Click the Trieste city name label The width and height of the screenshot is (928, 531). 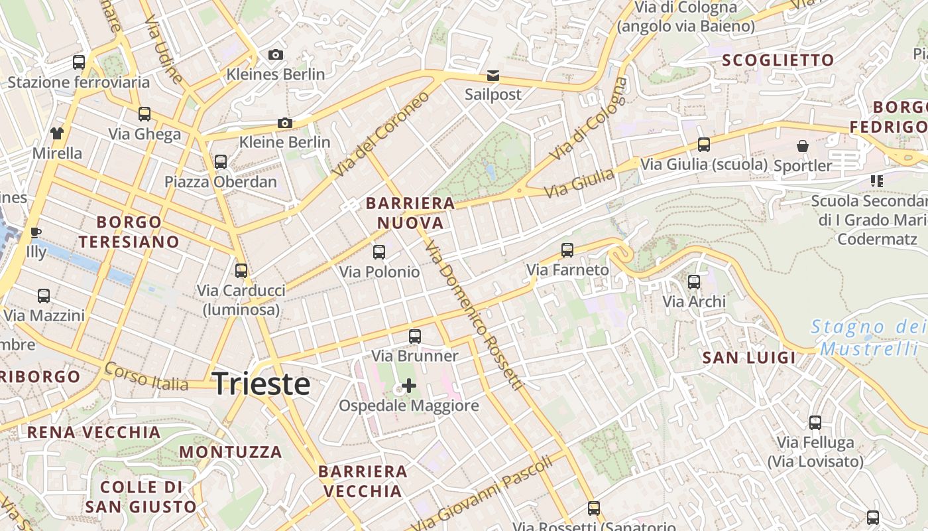click(261, 384)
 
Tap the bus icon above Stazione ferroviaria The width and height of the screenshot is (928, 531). click(79, 62)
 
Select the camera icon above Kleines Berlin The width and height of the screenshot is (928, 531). click(276, 54)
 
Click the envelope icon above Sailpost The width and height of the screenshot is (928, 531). click(493, 74)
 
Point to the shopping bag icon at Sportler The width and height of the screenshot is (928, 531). click(803, 145)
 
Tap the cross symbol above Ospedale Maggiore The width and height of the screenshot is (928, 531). click(409, 386)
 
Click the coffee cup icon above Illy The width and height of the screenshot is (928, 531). click(36, 232)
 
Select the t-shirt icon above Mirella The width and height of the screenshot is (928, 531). click(57, 133)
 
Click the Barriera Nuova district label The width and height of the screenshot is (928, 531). click(410, 212)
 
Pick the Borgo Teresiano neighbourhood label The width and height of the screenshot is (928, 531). click(129, 232)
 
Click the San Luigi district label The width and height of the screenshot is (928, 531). click(749, 358)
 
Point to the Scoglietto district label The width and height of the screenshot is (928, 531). click(778, 60)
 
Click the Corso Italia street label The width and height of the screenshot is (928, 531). click(146, 376)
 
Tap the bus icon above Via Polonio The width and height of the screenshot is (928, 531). click(379, 252)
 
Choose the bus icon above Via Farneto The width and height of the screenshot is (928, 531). click(567, 250)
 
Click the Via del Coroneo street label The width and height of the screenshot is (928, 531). click(381, 135)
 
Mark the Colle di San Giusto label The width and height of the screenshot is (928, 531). click(141, 497)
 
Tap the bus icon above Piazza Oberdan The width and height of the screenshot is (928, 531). click(221, 161)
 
